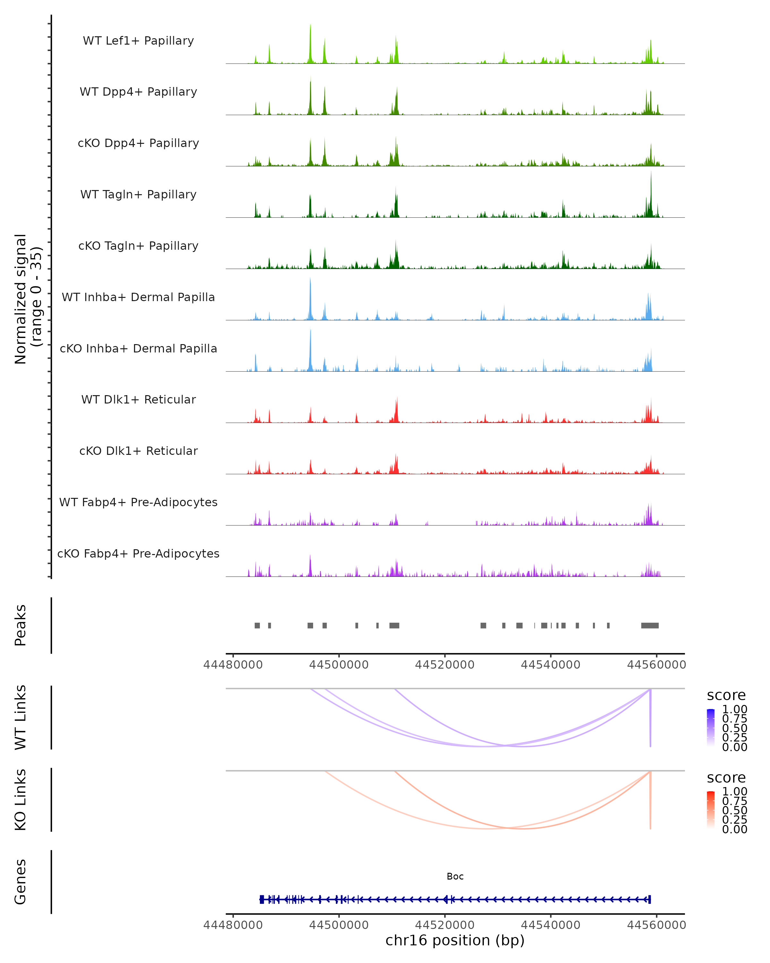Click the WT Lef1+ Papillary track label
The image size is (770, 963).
tap(138, 41)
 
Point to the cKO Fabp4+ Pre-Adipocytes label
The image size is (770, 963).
tap(138, 553)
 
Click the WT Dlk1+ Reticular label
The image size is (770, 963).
tap(138, 399)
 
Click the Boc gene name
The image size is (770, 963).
tap(455, 876)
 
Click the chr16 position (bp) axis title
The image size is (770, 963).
tap(455, 940)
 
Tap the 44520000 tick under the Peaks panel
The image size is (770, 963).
tap(445, 665)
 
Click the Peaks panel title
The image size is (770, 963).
tap(21, 625)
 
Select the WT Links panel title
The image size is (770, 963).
tap(21, 717)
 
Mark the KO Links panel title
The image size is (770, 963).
tap(21, 800)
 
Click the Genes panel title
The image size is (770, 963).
tap(21, 882)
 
